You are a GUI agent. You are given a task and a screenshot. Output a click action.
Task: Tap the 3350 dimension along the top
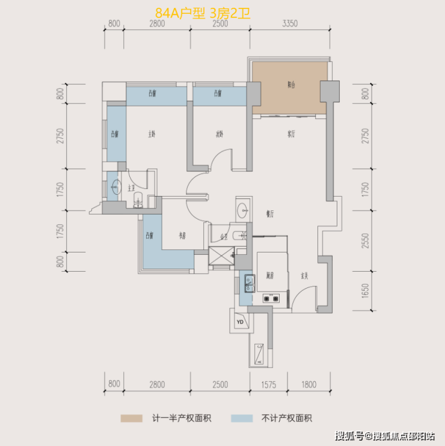click(290, 24)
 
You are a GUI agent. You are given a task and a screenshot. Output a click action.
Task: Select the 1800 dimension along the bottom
click(308, 384)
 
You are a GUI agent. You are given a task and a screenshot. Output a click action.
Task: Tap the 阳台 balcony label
click(291, 85)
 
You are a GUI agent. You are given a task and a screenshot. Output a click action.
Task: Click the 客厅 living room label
click(291, 134)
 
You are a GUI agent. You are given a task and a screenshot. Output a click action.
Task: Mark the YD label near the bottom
click(240, 322)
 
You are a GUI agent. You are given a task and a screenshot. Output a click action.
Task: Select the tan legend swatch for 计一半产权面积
click(132, 418)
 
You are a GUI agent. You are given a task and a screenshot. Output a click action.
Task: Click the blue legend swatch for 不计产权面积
click(241, 418)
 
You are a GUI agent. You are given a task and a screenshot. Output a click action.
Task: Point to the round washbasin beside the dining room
click(243, 209)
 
